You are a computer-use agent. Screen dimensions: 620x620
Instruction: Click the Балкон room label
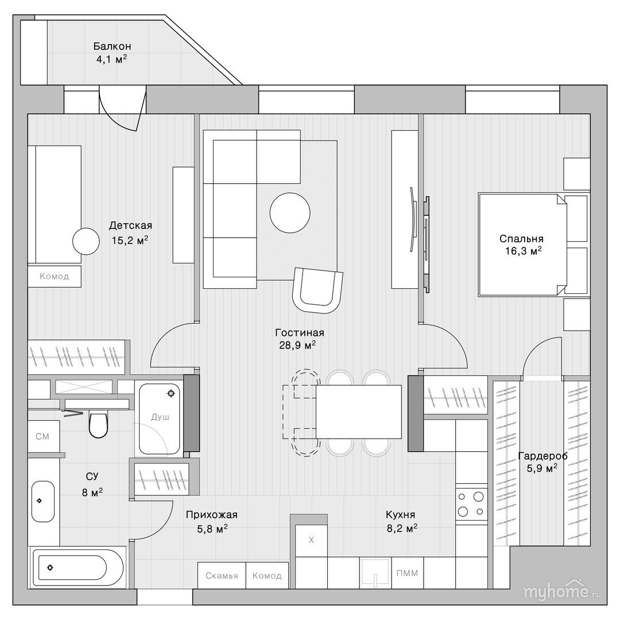[x=113, y=46]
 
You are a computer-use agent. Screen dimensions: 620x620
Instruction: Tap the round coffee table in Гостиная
[x=290, y=213]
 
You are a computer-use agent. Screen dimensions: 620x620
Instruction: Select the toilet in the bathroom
[x=98, y=425]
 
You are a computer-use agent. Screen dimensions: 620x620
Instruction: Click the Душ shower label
[x=160, y=417]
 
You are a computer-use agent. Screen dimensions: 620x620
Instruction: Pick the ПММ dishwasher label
[x=407, y=573]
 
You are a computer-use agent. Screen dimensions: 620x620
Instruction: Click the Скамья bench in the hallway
[x=222, y=576]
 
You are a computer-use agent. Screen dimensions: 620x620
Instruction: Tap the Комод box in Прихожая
[x=268, y=576]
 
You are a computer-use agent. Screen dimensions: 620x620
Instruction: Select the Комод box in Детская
[x=54, y=276]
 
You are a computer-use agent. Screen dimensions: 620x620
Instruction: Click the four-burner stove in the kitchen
[x=471, y=504]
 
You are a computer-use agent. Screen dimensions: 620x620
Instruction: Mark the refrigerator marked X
[x=311, y=540]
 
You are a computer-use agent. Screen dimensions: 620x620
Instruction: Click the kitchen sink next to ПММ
[x=375, y=573]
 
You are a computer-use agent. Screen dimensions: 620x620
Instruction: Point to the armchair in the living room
[x=317, y=290]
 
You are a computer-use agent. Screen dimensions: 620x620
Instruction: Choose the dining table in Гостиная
[x=359, y=412]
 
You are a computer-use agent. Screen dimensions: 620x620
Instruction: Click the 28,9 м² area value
[x=297, y=345]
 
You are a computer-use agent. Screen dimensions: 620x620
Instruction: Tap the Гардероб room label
[x=542, y=456]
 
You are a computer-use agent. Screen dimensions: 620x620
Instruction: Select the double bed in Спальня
[x=522, y=245]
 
